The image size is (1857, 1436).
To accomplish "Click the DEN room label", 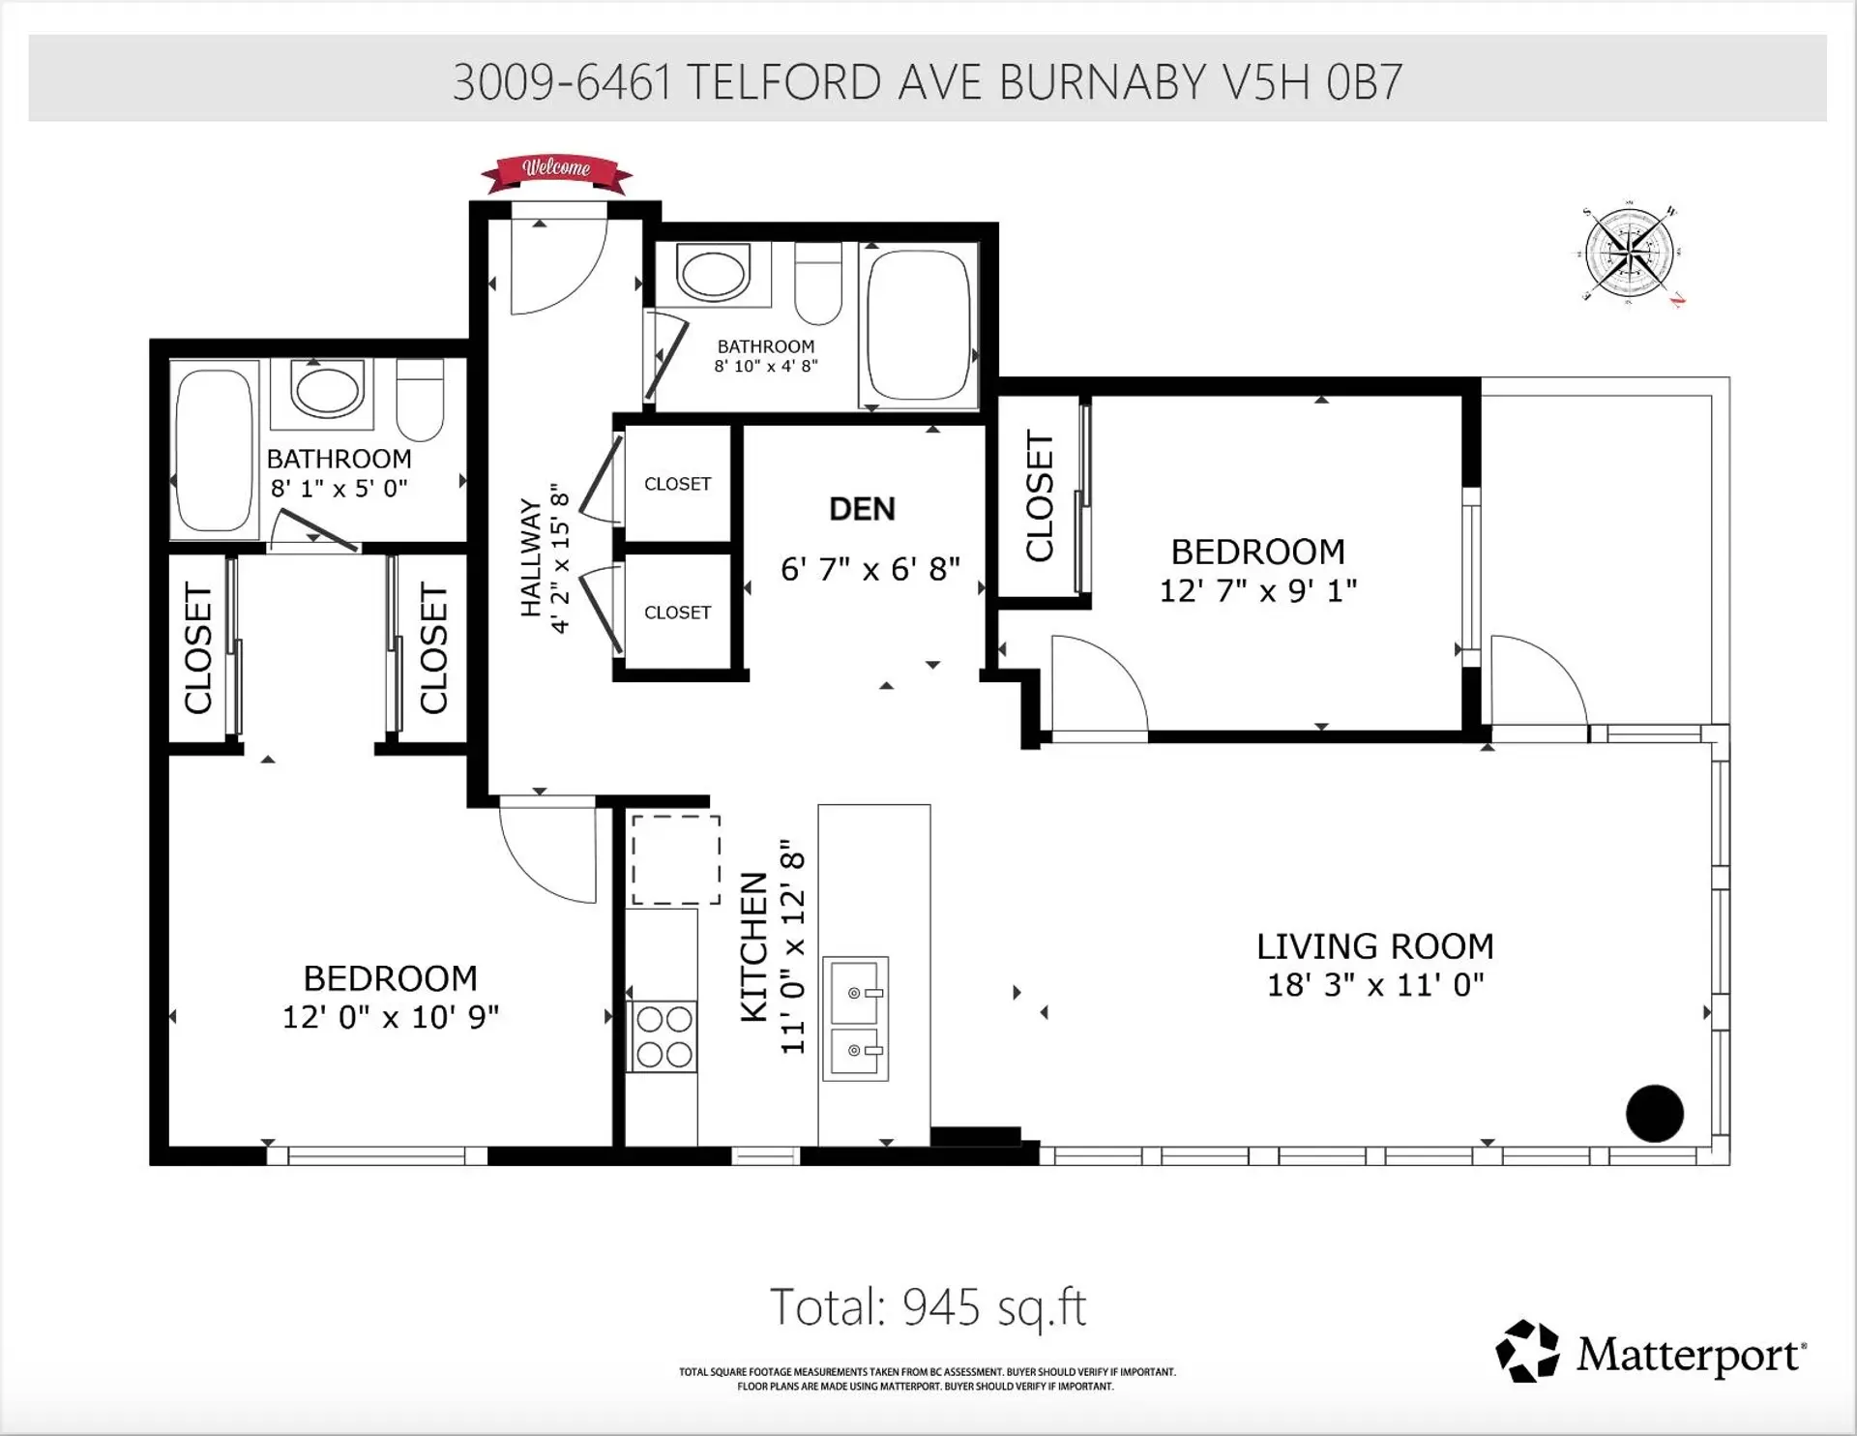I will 862,509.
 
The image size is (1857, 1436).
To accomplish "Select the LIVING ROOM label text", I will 1374,945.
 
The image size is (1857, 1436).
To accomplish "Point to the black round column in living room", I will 1654,1113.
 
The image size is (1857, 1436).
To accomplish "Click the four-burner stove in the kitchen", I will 663,1036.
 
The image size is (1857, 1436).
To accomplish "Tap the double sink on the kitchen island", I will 855,1019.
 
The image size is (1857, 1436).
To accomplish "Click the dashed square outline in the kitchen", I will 676,860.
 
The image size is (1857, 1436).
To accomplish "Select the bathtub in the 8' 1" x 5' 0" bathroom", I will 214,450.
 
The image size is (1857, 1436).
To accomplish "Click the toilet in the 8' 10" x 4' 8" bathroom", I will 818,283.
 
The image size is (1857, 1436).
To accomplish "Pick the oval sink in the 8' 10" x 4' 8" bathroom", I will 714,272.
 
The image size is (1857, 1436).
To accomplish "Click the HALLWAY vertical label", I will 531,557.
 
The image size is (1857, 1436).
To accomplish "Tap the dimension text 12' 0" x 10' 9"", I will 390,1017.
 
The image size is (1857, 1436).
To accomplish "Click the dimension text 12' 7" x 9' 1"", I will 1257,590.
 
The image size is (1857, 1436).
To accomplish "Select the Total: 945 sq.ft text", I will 928,1307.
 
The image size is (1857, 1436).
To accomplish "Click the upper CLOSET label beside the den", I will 677,484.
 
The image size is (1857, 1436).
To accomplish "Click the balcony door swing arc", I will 1538,677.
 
